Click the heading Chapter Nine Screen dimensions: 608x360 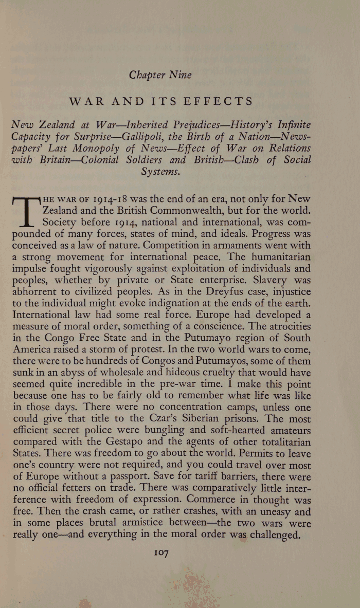[x=160, y=75]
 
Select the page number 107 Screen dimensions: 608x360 [x=161, y=553]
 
